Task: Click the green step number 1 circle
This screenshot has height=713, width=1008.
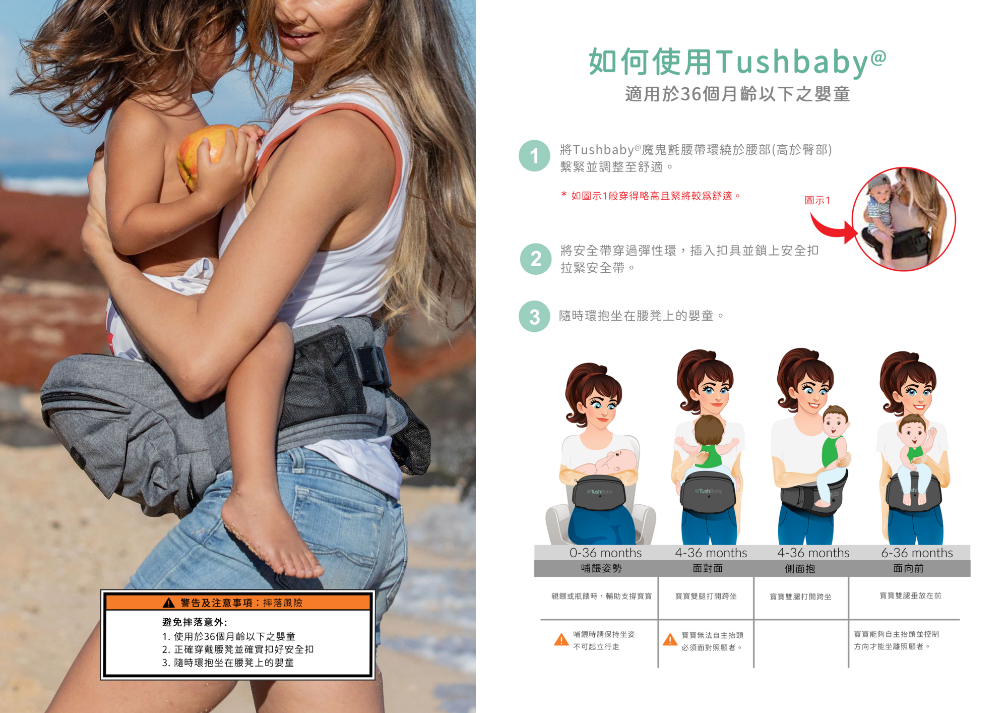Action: pos(534,156)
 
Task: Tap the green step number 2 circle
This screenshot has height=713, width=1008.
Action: pos(535,259)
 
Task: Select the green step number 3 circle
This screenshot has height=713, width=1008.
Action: pos(534,317)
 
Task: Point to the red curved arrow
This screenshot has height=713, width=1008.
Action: pos(832,228)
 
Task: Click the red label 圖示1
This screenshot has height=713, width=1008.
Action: pos(817,200)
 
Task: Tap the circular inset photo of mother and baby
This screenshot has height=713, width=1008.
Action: pos(904,219)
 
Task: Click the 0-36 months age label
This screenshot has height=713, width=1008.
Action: pos(605,553)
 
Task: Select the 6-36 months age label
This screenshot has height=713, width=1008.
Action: pos(917,553)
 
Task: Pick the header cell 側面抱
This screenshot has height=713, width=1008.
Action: pos(800,569)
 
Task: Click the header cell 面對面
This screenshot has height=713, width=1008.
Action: pos(708,568)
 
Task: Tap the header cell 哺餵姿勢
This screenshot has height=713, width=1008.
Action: pos(601,568)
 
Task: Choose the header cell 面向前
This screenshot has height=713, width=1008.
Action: pos(908,568)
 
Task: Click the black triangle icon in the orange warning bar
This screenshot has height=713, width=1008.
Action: pos(169,603)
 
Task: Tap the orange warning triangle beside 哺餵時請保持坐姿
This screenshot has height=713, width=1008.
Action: pos(561,640)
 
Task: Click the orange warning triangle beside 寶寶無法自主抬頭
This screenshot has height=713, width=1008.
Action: pos(670,640)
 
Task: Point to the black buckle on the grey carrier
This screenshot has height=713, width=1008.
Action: pos(372,366)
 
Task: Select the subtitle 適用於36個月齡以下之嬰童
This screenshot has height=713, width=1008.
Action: pos(737,94)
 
